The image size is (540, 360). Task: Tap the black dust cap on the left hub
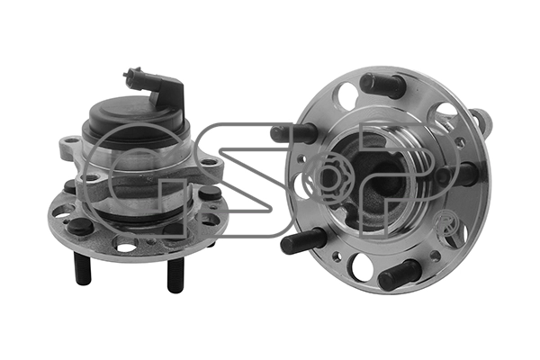pos(136,119)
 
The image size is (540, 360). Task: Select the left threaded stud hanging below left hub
pos(83,268)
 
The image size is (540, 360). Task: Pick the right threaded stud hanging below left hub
pos(175,274)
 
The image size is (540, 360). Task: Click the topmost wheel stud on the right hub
pos(382,85)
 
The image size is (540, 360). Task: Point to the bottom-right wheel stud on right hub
pos(400,274)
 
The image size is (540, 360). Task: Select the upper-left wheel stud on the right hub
pos(293,133)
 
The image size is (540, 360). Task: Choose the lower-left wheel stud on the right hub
pos(303,241)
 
